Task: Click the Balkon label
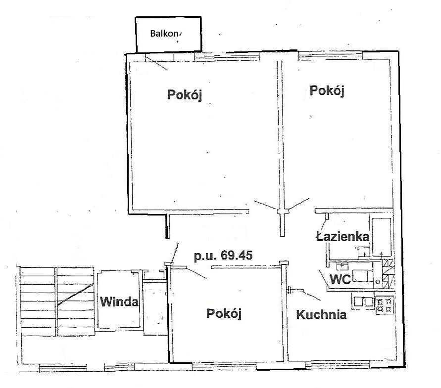click(164, 34)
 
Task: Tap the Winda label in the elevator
click(119, 302)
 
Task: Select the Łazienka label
click(343, 236)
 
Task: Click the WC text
click(340, 279)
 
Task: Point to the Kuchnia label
click(321, 315)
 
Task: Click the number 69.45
click(237, 256)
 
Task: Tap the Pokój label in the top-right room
click(327, 91)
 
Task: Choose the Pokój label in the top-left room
click(185, 95)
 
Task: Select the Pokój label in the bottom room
click(224, 313)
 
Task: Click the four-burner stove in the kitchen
click(385, 305)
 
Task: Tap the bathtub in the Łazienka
click(382, 236)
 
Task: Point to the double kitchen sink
click(363, 302)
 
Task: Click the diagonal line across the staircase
click(75, 295)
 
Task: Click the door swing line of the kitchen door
click(310, 296)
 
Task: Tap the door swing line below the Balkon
click(156, 62)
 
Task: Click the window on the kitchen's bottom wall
click(337, 365)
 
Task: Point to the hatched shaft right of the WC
click(388, 273)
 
